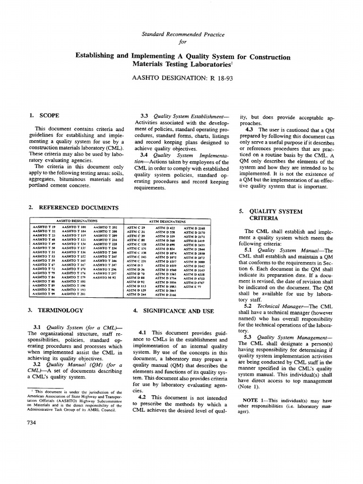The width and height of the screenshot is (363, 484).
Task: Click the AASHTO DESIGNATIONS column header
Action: point(77,220)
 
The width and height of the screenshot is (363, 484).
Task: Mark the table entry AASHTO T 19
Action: point(44,228)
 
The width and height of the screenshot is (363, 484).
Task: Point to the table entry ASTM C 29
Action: point(137,228)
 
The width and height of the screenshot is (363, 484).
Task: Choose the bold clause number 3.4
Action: point(145,154)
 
